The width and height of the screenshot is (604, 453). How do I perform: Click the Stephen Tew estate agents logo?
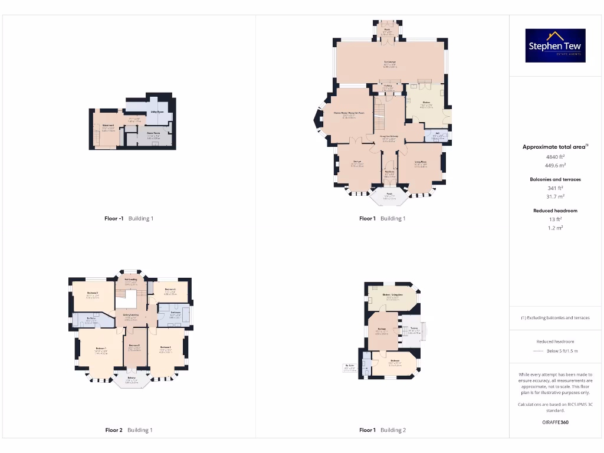click(555, 45)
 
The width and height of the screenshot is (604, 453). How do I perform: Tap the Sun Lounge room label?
click(390, 62)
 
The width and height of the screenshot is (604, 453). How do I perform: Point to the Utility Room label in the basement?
click(157, 111)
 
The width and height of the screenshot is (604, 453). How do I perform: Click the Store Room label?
click(153, 133)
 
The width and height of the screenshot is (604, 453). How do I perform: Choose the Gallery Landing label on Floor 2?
click(131, 315)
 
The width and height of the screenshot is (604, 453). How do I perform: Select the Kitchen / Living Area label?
click(392, 294)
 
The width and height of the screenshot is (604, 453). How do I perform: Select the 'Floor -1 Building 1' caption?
click(129, 218)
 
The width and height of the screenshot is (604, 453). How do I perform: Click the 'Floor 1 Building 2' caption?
click(382, 430)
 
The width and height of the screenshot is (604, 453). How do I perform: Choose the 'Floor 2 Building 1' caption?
click(129, 430)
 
